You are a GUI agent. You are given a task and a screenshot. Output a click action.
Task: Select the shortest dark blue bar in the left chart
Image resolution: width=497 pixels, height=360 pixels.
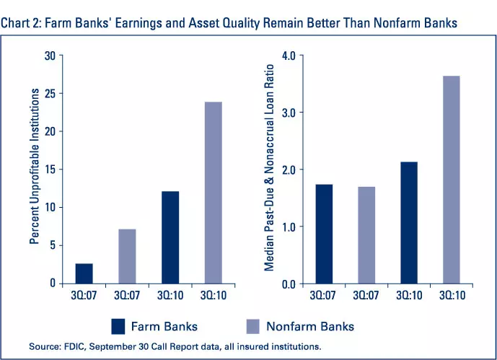84,273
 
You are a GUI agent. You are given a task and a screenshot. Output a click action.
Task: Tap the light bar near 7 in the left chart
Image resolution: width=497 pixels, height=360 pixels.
127,256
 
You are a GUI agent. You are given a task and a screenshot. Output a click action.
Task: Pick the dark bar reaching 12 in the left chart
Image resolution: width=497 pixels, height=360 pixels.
170,237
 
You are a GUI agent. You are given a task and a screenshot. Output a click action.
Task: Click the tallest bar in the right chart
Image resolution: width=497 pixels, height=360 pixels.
447,180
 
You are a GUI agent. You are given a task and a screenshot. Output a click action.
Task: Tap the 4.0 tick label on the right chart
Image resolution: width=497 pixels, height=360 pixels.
289,56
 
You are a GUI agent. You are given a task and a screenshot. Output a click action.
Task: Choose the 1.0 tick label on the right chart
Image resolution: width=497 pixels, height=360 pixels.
289,227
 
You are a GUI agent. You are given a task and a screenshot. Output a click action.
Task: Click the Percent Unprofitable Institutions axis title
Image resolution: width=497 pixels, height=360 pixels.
35,170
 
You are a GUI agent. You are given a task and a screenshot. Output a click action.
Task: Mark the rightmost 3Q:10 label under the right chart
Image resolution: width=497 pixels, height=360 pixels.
447,294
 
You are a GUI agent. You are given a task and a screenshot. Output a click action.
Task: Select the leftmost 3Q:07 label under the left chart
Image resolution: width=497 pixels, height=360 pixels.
84,294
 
